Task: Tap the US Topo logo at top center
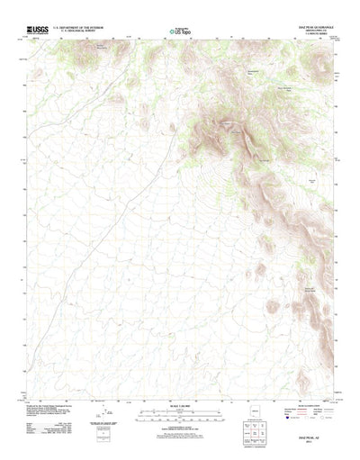tap(180, 33)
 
